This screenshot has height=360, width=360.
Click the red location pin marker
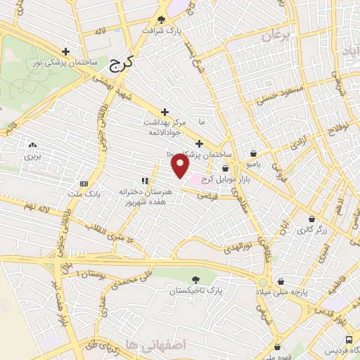[x=181, y=166]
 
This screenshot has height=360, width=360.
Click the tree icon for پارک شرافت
[x=162, y=20]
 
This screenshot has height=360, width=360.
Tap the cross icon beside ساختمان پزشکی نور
[x=65, y=51]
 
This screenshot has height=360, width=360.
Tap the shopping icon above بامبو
[x=252, y=154]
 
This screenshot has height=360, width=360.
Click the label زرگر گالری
[x=311, y=230]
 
